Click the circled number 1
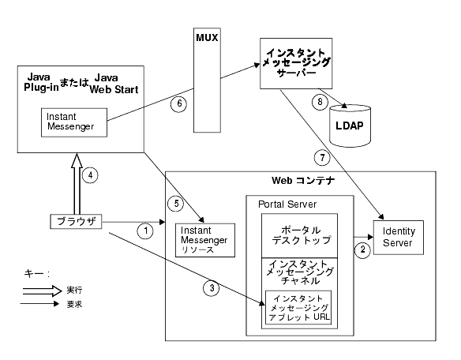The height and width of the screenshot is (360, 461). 145,231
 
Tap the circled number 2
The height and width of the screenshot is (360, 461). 362,250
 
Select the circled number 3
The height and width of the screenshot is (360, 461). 212,287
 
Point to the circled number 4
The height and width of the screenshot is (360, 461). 90,175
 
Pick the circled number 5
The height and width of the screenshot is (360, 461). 176,204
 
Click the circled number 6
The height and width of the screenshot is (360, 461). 178,104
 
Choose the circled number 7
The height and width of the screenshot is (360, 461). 322,158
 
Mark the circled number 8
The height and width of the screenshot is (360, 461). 320,102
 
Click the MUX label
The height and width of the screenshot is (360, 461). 207,38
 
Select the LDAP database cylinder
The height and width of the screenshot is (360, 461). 350,126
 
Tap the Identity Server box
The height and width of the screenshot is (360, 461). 399,238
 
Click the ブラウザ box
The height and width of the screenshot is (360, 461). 76,222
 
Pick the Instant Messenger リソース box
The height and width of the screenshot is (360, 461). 205,240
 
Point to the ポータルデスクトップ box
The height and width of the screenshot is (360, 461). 300,235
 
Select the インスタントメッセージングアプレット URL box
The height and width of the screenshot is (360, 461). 298,308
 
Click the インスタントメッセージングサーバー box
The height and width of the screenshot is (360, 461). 296,63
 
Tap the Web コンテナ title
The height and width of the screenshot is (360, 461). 303,180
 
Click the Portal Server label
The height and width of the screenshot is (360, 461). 287,204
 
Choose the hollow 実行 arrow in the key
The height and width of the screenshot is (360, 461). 43,291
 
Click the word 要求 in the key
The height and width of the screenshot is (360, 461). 74,304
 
